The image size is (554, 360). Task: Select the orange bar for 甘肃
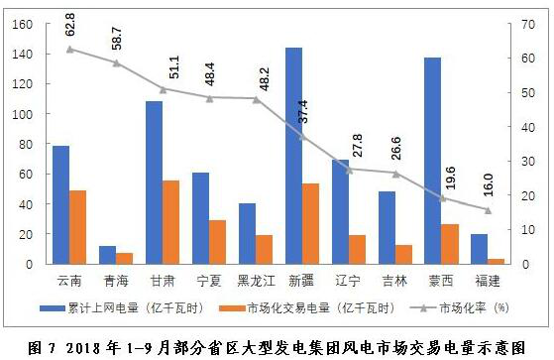pos(171,222)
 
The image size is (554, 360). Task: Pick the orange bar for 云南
pos(77,227)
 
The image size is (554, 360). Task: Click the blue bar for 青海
pos(107,255)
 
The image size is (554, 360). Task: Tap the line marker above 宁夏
pos(209,98)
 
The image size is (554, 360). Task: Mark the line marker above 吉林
pos(395,174)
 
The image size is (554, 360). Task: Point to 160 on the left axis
pos(21,25)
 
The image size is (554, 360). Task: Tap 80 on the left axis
pos(25,145)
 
